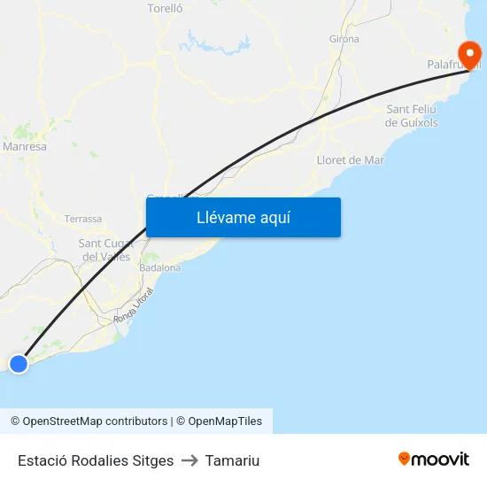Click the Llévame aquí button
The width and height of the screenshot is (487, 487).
pyautogui.click(x=243, y=217)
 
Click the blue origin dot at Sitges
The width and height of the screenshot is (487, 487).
pyautogui.click(x=18, y=363)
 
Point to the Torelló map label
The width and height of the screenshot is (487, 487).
pyautogui.click(x=165, y=8)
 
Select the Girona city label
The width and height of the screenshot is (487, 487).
pyautogui.click(x=344, y=39)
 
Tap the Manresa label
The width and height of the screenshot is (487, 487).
pyautogui.click(x=25, y=147)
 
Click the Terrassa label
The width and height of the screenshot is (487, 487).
pyautogui.click(x=83, y=219)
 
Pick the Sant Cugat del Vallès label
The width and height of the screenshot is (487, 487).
pyautogui.click(x=104, y=250)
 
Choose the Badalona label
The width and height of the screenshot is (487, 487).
pyautogui.click(x=160, y=267)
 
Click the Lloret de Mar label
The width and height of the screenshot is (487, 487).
pyautogui.click(x=351, y=160)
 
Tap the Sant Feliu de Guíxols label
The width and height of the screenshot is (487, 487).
pyautogui.click(x=412, y=116)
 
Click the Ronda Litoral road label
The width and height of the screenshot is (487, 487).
pyautogui.click(x=134, y=306)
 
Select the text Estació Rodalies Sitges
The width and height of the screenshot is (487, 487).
pyautogui.click(x=96, y=460)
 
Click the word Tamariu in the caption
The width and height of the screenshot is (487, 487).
pyautogui.click(x=232, y=460)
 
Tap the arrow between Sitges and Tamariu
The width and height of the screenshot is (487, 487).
pyautogui.click(x=189, y=460)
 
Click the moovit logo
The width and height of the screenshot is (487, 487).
pyautogui.click(x=434, y=459)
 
